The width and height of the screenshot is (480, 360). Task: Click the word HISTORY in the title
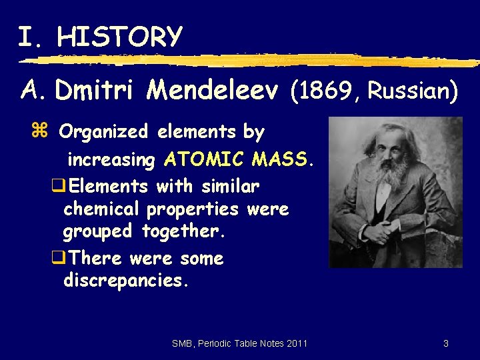119,36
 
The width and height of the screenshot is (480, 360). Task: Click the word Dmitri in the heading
97,90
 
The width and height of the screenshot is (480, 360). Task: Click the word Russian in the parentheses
408,90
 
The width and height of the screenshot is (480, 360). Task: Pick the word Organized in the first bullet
103,132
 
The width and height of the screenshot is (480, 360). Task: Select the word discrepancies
126,281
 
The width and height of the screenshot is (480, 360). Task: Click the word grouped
99,232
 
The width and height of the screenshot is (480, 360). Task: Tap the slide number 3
445,343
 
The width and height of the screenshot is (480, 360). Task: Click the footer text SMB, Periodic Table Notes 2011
239,343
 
